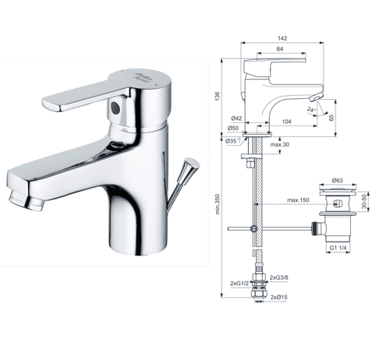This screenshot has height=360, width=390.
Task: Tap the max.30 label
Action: click(x=282, y=146)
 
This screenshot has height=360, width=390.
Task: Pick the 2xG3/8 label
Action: click(x=279, y=278)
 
